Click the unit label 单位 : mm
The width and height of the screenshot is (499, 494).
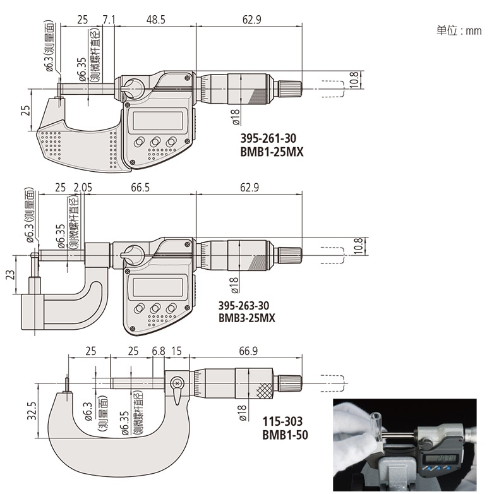tap(459, 30)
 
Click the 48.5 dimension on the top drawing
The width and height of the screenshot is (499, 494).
tap(155, 20)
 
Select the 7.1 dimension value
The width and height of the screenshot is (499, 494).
tap(108, 20)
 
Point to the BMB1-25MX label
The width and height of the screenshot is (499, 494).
tap(268, 152)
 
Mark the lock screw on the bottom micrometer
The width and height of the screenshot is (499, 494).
tap(177, 382)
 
